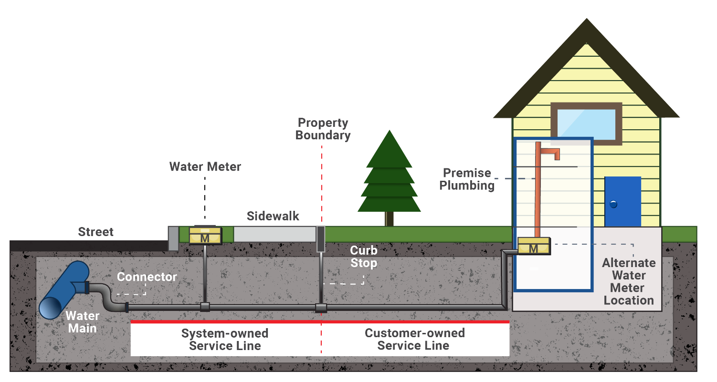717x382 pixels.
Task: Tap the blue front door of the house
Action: tap(622, 201)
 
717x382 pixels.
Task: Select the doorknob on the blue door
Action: tap(613, 204)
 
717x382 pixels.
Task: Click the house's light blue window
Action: tap(586, 123)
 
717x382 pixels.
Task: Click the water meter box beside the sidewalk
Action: tap(205, 235)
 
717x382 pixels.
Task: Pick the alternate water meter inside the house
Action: tap(533, 246)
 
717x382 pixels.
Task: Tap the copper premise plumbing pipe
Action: tap(538, 191)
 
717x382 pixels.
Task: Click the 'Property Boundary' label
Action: tap(323, 129)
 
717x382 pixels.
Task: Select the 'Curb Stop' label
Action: tap(363, 257)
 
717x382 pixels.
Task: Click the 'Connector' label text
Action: tap(147, 277)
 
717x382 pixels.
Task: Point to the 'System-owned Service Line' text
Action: tap(225, 339)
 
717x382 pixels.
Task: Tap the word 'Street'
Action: tap(96, 232)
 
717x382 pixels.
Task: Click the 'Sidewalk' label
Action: tap(273, 216)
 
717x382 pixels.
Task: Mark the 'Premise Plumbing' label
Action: tap(467, 179)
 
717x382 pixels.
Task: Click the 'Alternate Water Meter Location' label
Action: tap(629, 281)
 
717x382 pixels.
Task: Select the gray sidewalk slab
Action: tap(274, 234)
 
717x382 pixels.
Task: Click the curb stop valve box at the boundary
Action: tap(320, 238)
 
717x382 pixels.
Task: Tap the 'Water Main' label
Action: tap(83, 322)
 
